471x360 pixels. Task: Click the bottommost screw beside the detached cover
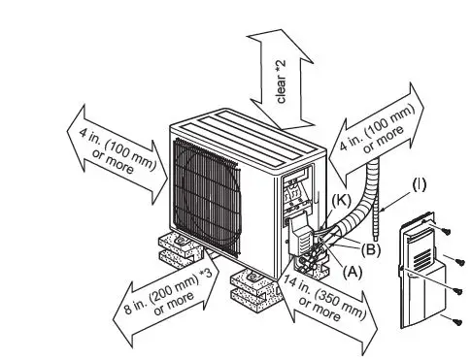[454, 321]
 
